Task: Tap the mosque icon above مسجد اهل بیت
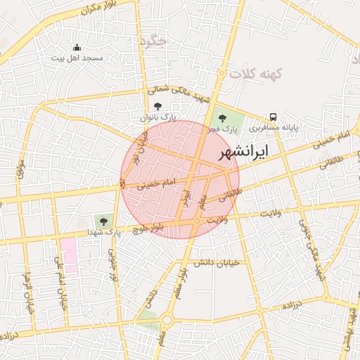[x=77, y=48]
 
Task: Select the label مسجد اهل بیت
[x=77, y=58]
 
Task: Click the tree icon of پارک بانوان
[x=157, y=105]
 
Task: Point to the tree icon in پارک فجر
[x=223, y=118]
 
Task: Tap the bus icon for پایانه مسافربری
[x=272, y=117]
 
